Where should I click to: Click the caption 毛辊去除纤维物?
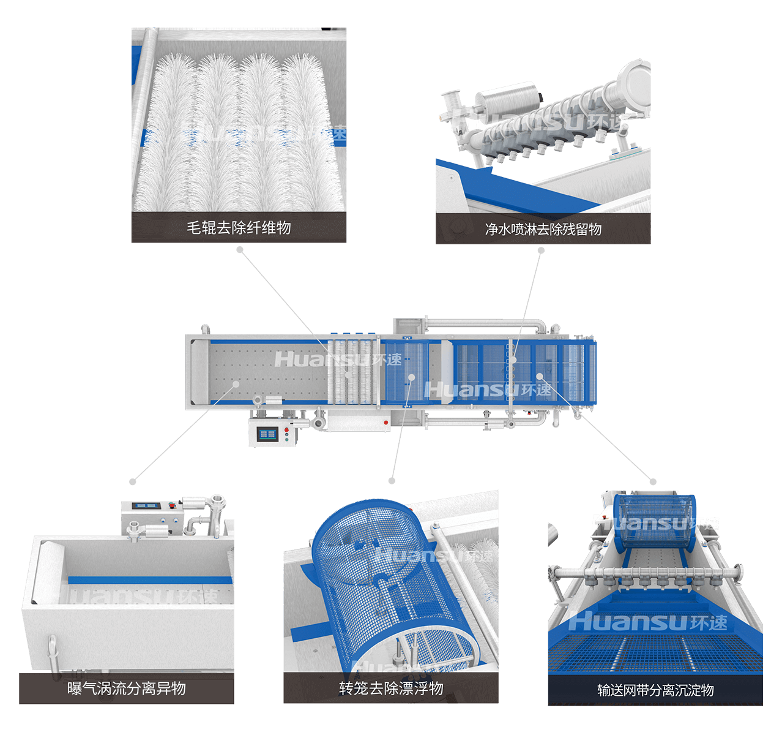[239, 228]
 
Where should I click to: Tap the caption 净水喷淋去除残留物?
[543, 229]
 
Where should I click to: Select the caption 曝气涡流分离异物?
[127, 688]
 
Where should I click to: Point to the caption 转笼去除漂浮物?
[391, 688]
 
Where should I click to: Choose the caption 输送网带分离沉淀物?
[655, 690]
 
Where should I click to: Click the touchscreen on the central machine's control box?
[267, 434]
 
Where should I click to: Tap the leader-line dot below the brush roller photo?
[240, 250]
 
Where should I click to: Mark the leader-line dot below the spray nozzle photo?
[541, 250]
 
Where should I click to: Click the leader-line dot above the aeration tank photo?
[133, 481]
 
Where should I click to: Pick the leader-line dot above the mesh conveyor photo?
[653, 481]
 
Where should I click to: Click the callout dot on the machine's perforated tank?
[236, 384]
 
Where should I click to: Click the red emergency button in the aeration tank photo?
[172, 507]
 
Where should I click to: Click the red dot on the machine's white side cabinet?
[385, 422]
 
